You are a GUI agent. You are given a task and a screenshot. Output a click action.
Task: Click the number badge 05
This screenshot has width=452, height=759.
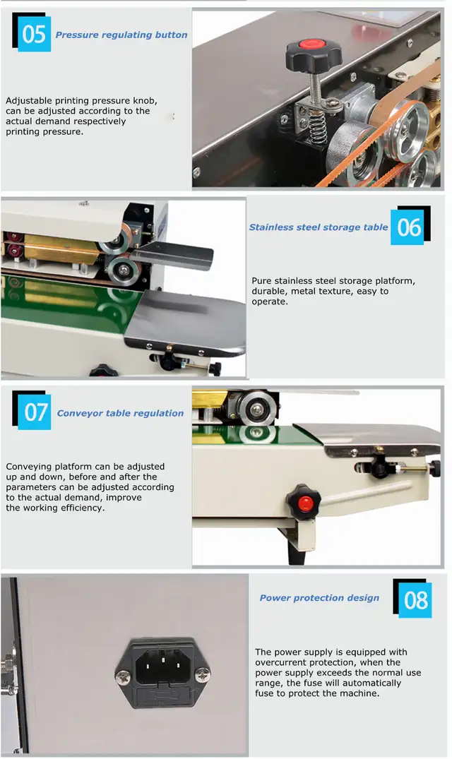pos(33,34)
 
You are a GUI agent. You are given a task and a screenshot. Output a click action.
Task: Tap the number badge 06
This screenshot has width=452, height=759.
pos(410,227)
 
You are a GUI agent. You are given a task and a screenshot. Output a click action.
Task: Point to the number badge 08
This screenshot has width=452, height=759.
pos(415,599)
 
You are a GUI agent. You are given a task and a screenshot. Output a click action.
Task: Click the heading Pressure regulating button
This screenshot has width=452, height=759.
pos(121,35)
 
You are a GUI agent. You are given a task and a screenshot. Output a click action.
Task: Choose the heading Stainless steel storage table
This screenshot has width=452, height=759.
pos(319,227)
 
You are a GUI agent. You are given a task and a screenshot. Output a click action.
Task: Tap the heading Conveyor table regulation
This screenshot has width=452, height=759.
pos(120,413)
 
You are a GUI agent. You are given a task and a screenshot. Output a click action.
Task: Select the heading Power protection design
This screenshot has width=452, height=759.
pos(319,598)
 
